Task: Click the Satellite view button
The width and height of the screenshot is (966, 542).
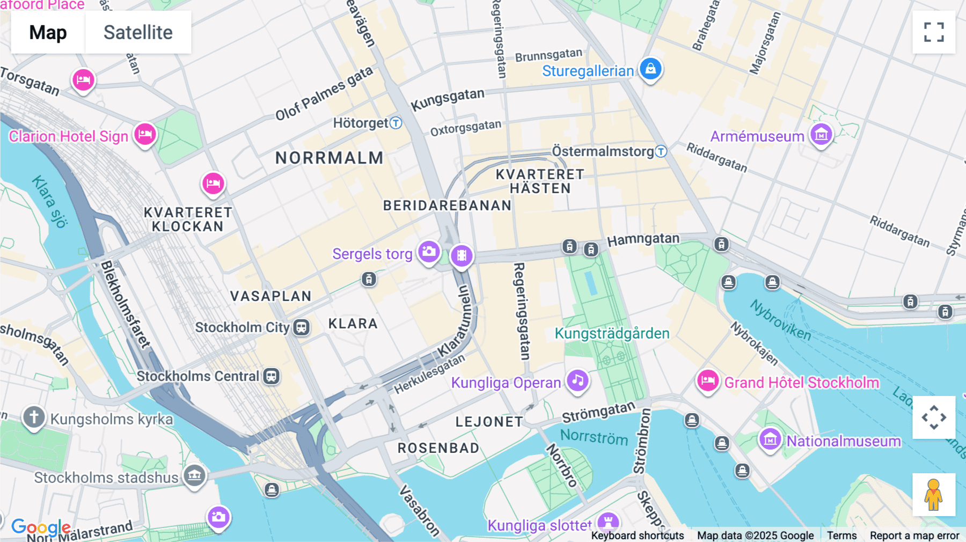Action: click(x=138, y=32)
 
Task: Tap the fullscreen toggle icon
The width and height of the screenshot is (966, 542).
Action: click(x=934, y=32)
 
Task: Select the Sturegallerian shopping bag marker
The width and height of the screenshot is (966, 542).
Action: click(x=650, y=69)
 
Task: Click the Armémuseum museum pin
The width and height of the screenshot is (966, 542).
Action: click(x=821, y=134)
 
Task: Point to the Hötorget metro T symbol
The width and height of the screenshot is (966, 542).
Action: click(x=396, y=123)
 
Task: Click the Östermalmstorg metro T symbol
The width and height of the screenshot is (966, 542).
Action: click(x=661, y=151)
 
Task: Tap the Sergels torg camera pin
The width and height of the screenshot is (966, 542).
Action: click(x=429, y=251)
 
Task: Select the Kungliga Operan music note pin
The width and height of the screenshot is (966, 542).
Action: click(x=577, y=380)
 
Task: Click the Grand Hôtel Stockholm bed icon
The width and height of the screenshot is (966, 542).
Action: click(x=707, y=381)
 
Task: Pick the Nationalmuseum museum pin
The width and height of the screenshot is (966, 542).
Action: click(x=770, y=439)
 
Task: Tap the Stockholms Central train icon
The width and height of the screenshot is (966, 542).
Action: click(x=272, y=376)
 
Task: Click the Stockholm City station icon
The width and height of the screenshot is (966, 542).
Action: click(x=302, y=327)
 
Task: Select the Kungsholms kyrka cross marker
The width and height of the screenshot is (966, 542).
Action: click(x=33, y=417)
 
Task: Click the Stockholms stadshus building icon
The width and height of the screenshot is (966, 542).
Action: click(x=194, y=475)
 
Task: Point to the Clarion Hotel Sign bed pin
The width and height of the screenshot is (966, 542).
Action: click(x=145, y=134)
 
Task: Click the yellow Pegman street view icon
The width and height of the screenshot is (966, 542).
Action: click(x=934, y=495)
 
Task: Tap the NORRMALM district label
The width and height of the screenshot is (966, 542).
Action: click(x=330, y=158)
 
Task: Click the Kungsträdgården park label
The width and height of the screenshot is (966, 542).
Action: click(x=612, y=333)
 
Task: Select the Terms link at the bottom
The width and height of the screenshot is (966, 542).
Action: click(x=841, y=536)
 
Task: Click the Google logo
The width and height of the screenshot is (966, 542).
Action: click(x=41, y=527)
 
